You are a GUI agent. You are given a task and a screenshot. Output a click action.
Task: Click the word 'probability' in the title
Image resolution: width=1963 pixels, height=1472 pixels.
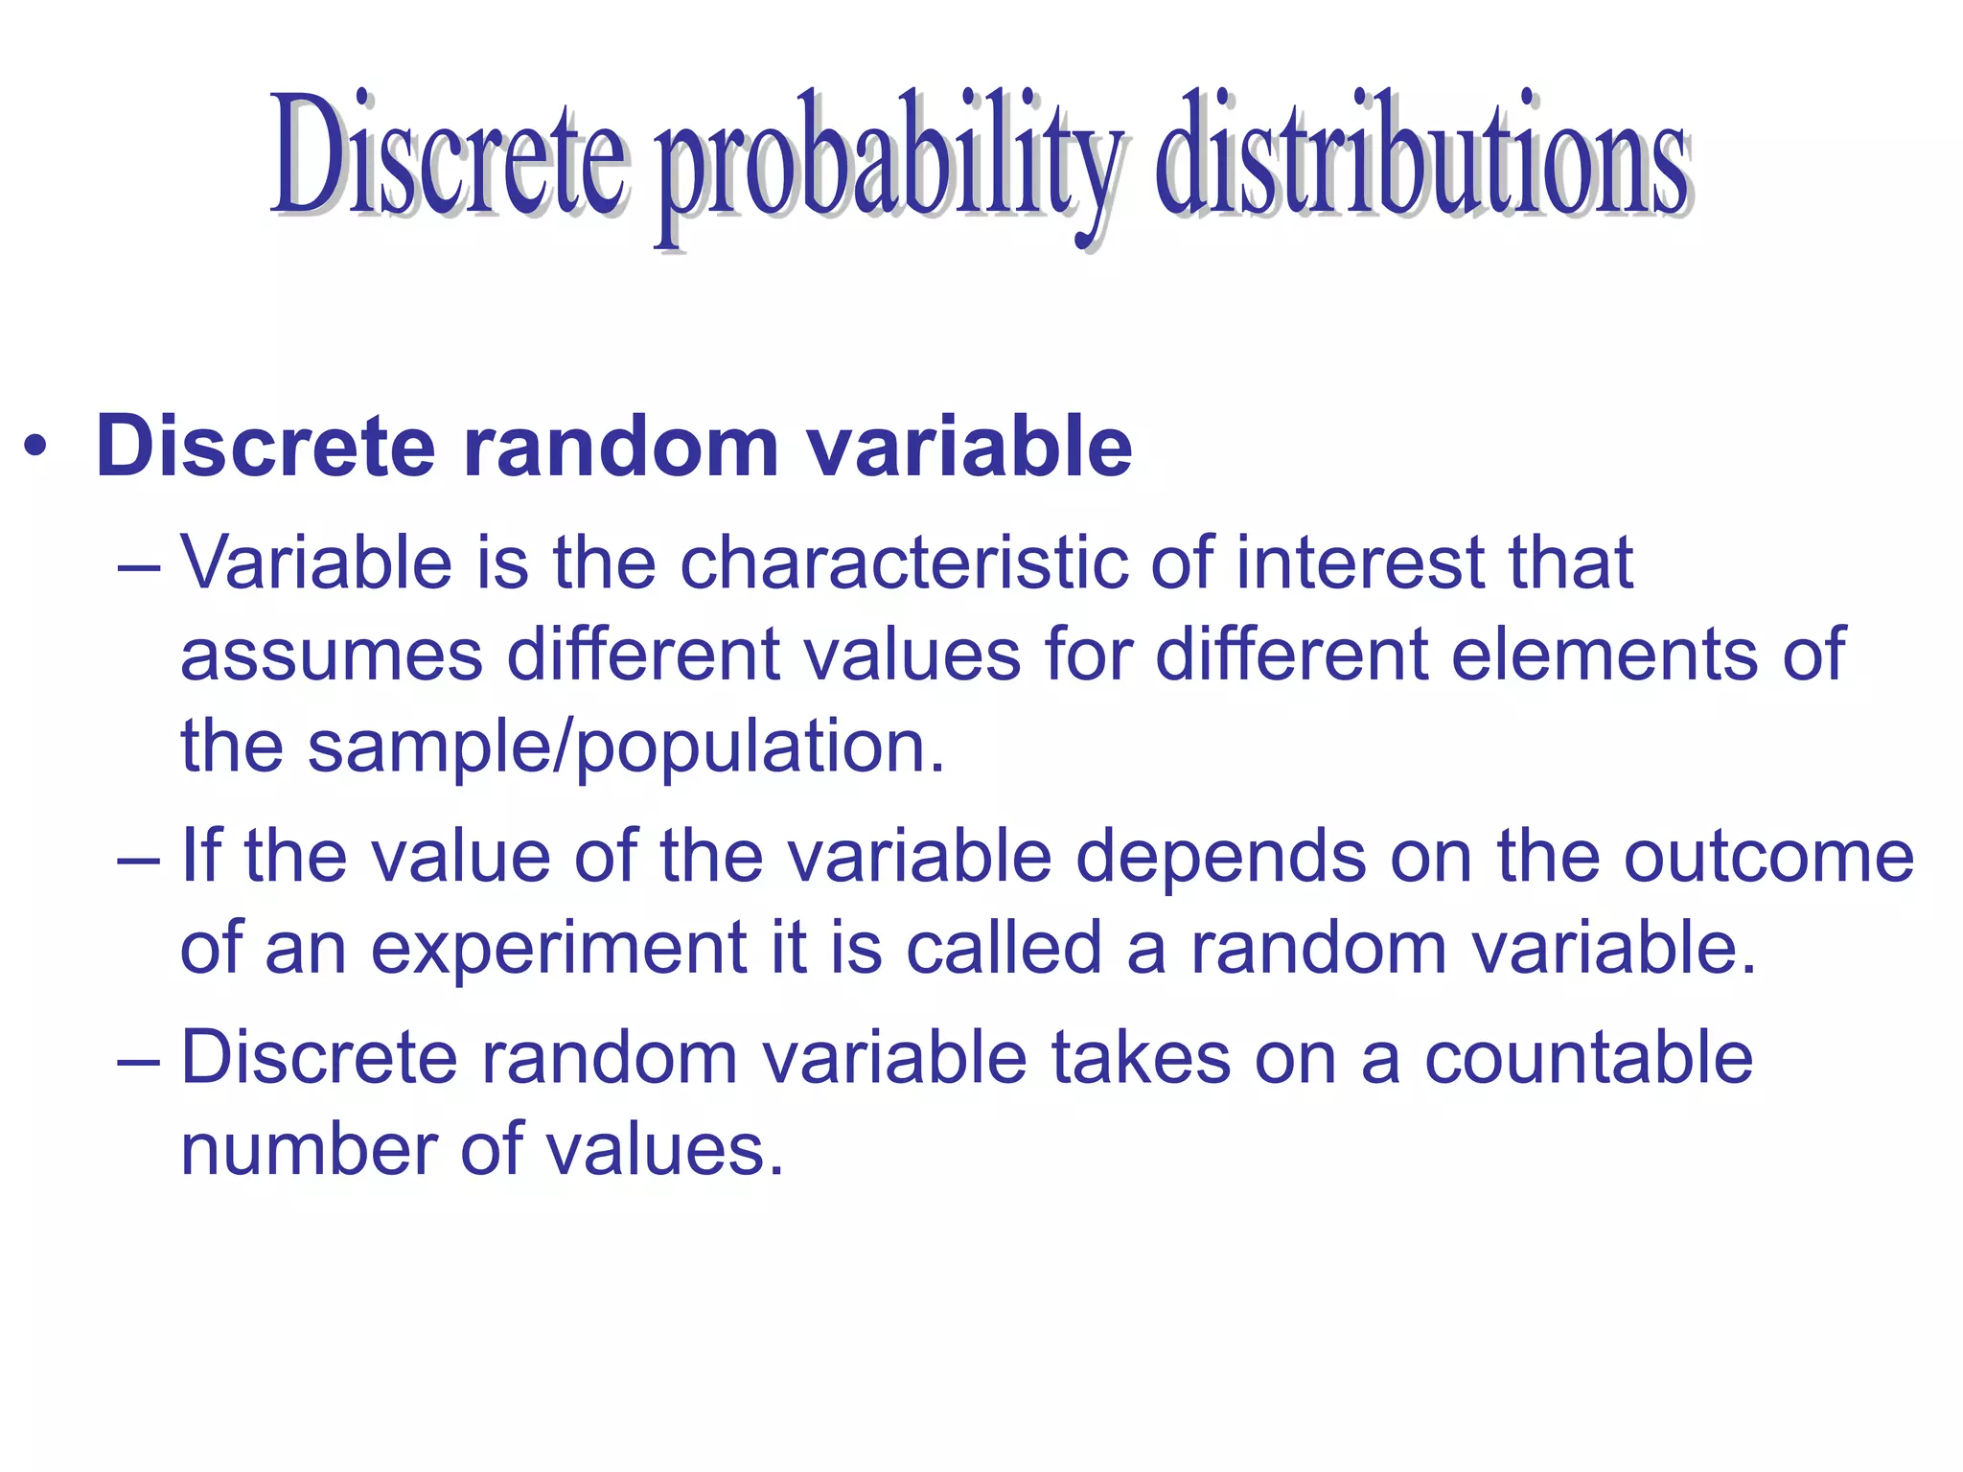click(887, 163)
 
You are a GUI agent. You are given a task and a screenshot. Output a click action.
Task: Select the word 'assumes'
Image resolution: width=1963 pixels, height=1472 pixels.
click(332, 655)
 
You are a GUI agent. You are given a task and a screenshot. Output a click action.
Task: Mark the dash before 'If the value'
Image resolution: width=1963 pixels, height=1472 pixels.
click(136, 857)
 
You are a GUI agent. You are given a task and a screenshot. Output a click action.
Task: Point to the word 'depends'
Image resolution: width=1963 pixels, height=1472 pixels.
click(1220, 857)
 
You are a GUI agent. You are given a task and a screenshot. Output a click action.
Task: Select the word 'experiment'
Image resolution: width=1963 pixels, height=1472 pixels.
click(558, 949)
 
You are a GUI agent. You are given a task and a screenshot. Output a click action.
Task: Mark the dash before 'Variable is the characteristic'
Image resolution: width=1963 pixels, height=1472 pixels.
click(136, 564)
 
